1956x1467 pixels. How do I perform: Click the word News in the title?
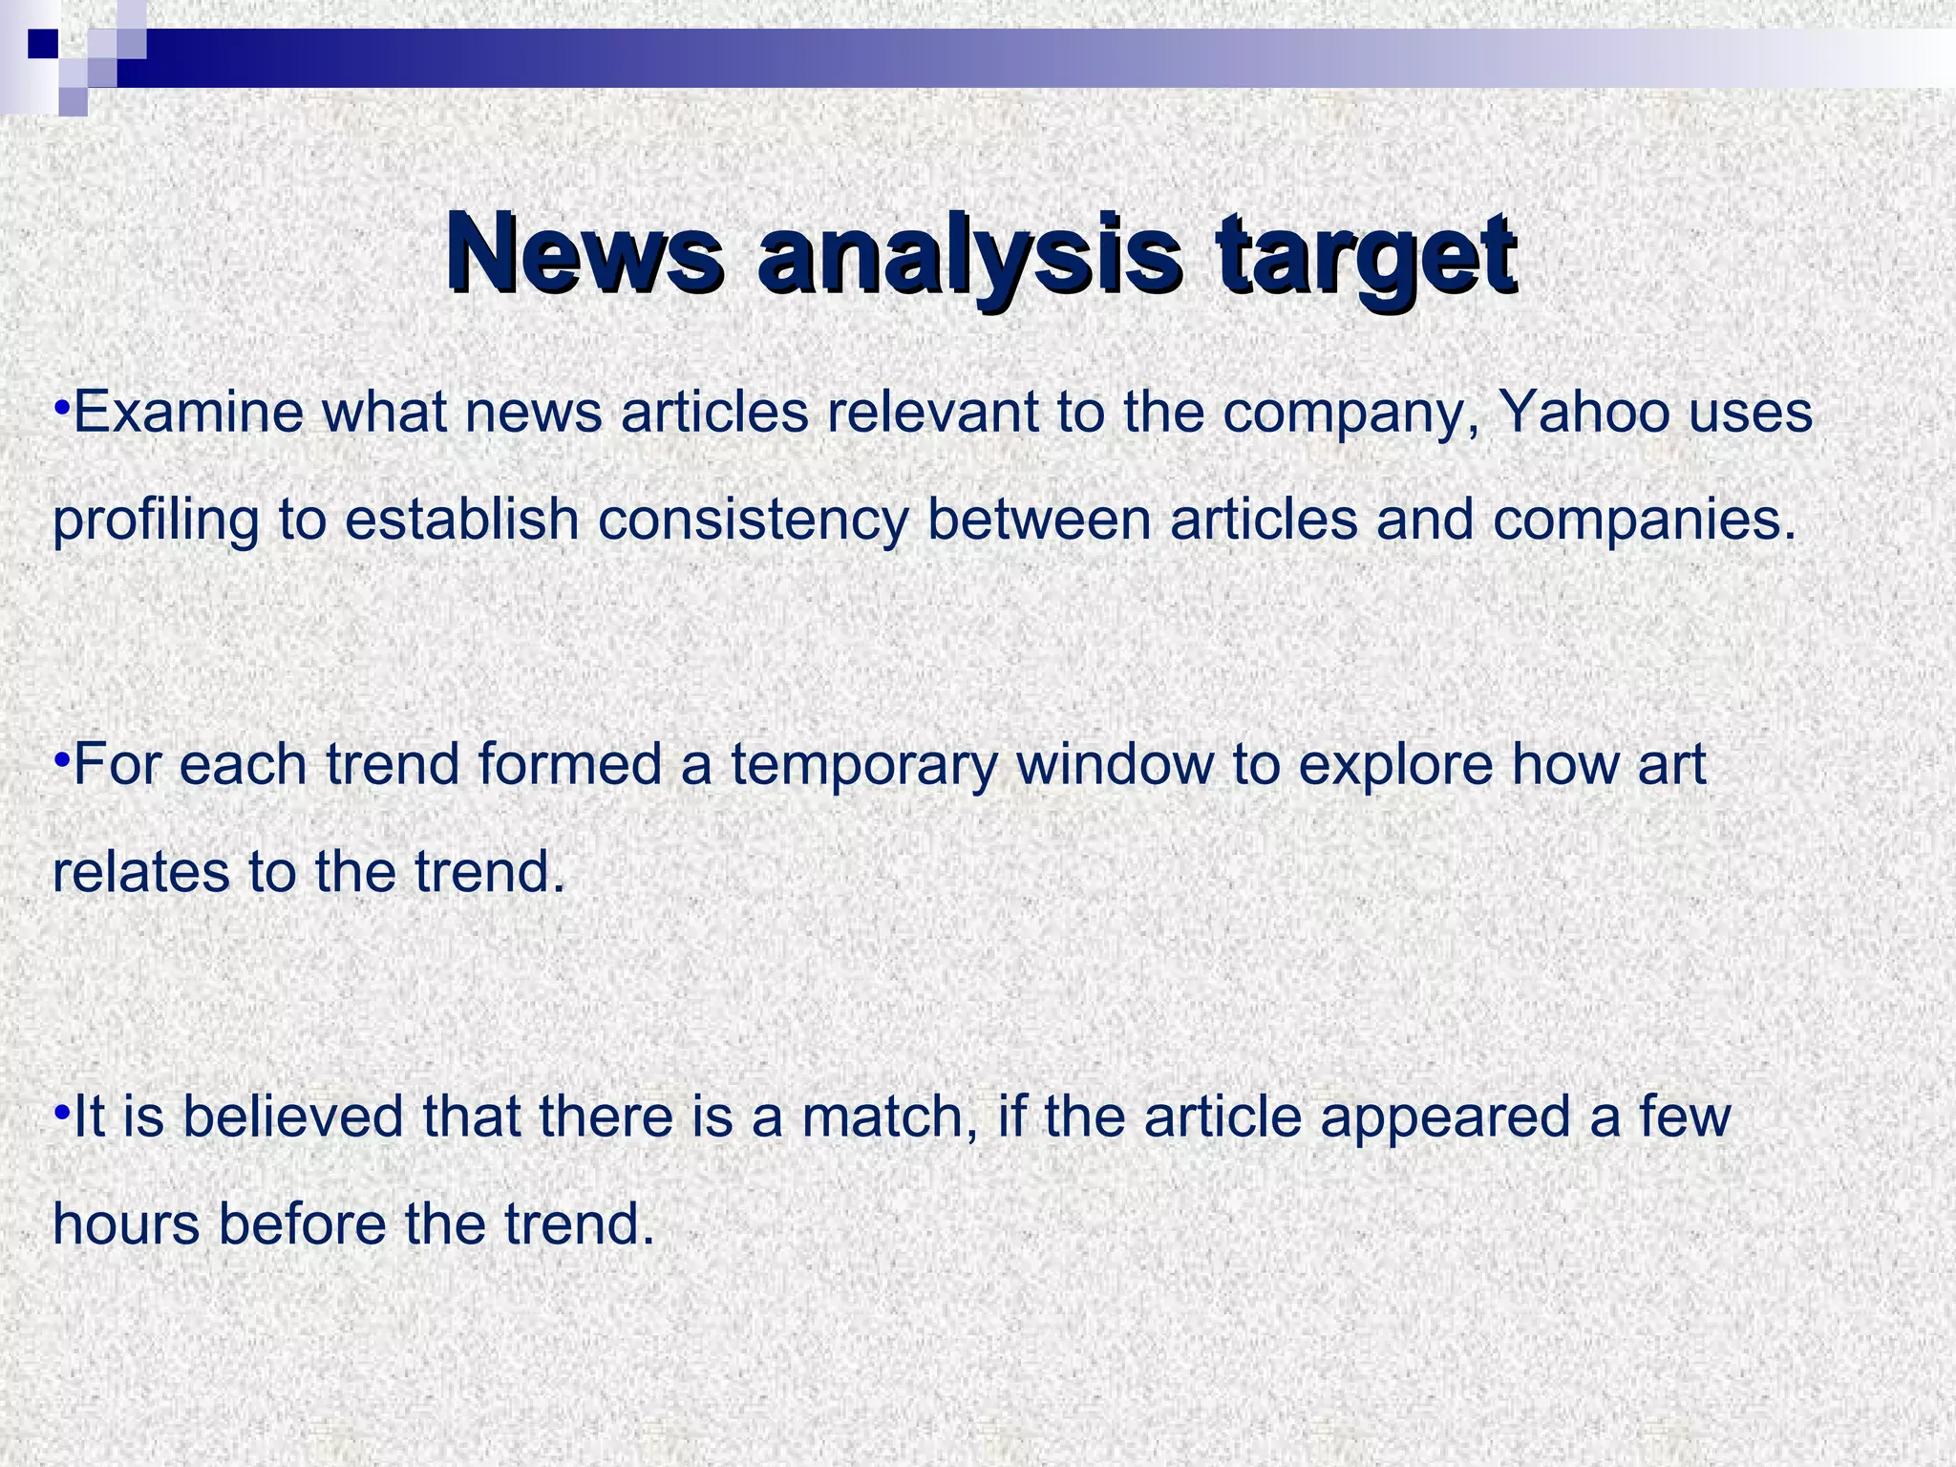tap(585, 255)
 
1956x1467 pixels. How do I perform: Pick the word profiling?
tap(156, 521)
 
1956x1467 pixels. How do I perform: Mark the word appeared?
tap(1445, 1117)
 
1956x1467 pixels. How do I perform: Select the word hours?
tap(126, 1223)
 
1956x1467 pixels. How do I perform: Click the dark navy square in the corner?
tap(43, 44)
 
